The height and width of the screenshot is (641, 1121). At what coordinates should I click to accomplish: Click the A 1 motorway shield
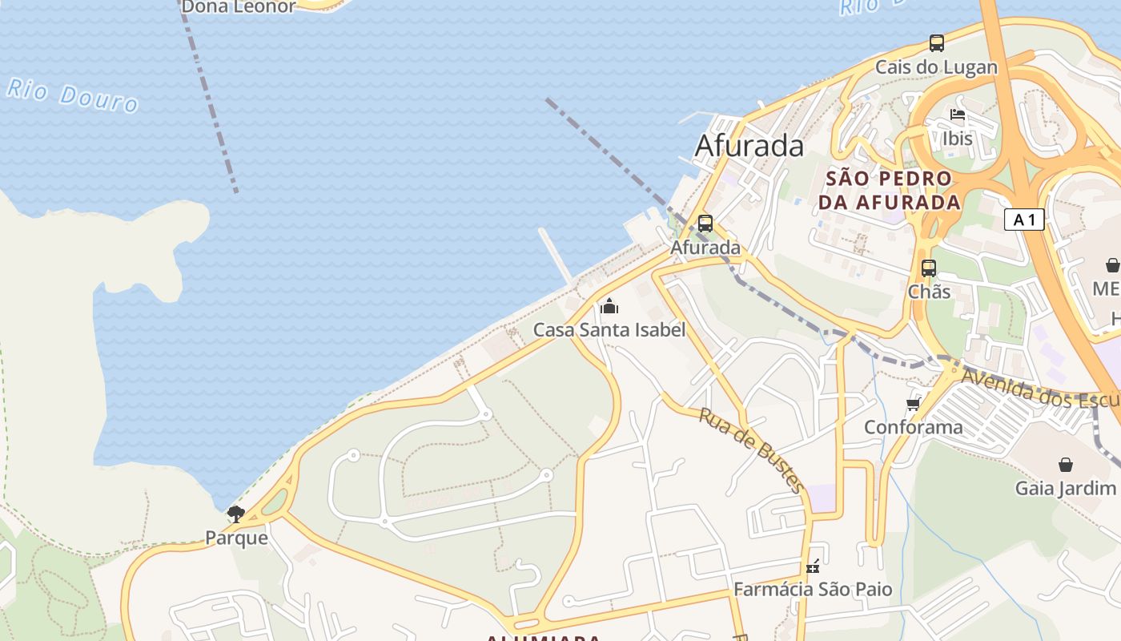tap(1024, 220)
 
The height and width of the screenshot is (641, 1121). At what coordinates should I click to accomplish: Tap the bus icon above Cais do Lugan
tap(936, 43)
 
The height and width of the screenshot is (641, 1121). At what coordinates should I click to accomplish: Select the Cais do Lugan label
tap(936, 67)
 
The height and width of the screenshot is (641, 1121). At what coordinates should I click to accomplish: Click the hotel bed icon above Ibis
tap(958, 115)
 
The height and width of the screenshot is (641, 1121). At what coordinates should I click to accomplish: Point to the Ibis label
tap(958, 138)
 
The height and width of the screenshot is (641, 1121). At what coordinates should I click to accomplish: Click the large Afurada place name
tap(749, 146)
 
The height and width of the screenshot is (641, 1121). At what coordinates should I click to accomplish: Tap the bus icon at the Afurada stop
tap(705, 224)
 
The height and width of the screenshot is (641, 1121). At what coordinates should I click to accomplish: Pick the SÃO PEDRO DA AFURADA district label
tap(889, 190)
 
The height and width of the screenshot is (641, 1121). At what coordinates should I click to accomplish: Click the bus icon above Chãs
tap(929, 268)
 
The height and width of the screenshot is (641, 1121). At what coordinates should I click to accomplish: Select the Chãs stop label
tap(929, 292)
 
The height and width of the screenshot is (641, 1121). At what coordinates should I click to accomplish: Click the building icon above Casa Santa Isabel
tap(609, 306)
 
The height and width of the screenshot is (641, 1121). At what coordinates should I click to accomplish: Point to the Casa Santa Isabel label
tap(609, 329)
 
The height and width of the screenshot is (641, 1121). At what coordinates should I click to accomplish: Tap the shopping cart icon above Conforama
tap(913, 404)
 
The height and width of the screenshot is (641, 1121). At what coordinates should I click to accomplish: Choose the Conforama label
tap(913, 427)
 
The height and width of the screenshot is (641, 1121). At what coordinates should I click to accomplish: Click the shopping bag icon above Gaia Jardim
tap(1066, 465)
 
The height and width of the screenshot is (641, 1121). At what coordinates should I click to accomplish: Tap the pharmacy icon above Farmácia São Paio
tap(813, 566)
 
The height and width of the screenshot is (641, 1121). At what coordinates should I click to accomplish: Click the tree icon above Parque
tap(235, 514)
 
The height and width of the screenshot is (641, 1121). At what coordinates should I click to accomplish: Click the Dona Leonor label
tap(239, 7)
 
